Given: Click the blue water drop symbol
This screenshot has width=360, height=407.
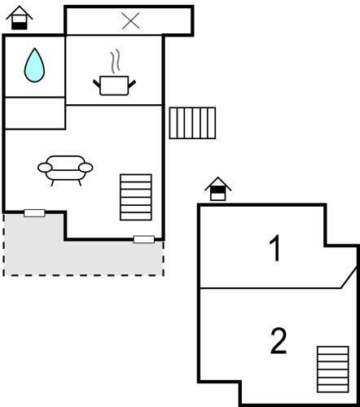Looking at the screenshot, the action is tap(34, 66).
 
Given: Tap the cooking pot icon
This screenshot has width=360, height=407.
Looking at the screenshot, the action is tap(114, 85).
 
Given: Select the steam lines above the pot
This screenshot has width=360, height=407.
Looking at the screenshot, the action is tap(115, 61).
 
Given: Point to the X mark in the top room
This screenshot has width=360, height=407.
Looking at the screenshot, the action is tap(130, 20).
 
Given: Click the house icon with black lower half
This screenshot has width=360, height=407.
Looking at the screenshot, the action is tap(20, 18).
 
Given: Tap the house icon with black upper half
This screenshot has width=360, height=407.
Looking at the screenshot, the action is tap(218, 189).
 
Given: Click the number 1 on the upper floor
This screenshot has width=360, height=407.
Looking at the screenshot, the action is tap(275, 247).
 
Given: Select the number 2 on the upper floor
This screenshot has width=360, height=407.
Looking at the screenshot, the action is tap(279, 341).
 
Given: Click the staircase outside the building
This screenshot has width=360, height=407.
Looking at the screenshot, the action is tap(192, 123).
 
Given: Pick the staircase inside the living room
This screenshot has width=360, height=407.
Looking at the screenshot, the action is tap(136, 197).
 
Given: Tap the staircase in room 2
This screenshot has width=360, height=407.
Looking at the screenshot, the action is tap(333, 370).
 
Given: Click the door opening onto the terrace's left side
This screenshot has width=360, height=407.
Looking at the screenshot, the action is tap(34, 213).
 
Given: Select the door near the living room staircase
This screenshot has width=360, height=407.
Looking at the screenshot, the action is tap(144, 239).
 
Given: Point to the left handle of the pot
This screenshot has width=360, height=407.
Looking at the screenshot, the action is tap(97, 84).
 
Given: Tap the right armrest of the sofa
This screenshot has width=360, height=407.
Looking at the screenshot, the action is tap(86, 168).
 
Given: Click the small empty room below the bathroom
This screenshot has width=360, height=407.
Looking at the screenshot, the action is tap(35, 113).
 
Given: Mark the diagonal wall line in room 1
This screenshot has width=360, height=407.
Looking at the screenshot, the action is tap(349, 277).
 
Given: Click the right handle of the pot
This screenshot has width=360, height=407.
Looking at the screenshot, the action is tap(132, 84).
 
